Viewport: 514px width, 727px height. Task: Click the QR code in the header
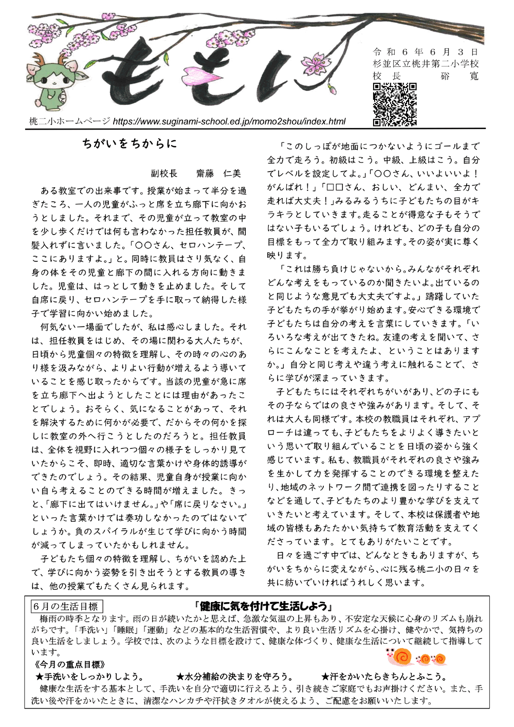click(x=394, y=104)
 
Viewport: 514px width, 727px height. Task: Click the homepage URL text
click(x=229, y=122)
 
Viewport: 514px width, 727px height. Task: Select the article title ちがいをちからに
click(x=129, y=144)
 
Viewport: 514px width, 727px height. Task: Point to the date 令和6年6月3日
click(x=425, y=52)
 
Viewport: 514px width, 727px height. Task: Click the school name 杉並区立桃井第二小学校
click(x=426, y=64)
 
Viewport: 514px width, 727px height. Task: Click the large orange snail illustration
click(x=399, y=656)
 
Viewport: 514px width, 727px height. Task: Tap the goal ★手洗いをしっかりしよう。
click(x=90, y=677)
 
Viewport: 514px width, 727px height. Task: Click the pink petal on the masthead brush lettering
click(x=198, y=77)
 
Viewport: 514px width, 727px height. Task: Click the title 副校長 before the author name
click(x=164, y=173)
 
